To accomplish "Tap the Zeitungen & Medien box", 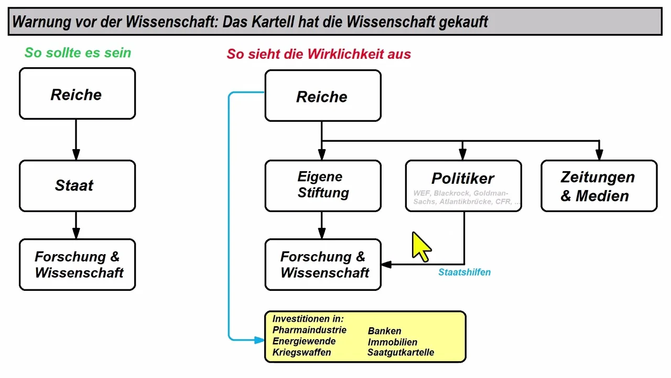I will [599, 186].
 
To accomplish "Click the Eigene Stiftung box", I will [323, 185].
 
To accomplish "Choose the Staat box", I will [77, 185].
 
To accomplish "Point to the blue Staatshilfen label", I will [464, 272].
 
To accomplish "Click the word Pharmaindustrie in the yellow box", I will [309, 330].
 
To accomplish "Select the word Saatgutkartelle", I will [401, 352].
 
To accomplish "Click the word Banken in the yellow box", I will [384, 331].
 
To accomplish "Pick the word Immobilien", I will [392, 342].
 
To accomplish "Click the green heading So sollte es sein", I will [78, 52].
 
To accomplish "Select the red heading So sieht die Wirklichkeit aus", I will [319, 54].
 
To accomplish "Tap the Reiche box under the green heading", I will [77, 94].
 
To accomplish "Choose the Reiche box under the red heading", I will [323, 96].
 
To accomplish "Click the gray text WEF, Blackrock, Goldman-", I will [460, 193].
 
